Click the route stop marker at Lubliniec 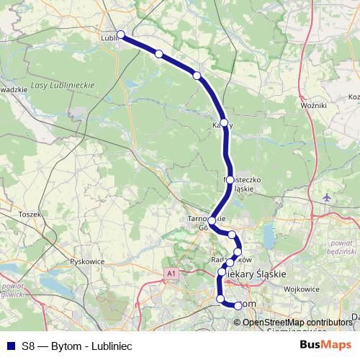[121, 35]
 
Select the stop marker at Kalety [224, 123]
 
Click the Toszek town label [30, 214]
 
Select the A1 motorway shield [171, 274]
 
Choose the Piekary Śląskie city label [256, 274]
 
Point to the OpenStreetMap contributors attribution [297, 323]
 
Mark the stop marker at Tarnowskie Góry [210, 221]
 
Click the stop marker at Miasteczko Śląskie [229, 179]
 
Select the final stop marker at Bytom [238, 306]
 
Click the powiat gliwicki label [12, 291]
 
